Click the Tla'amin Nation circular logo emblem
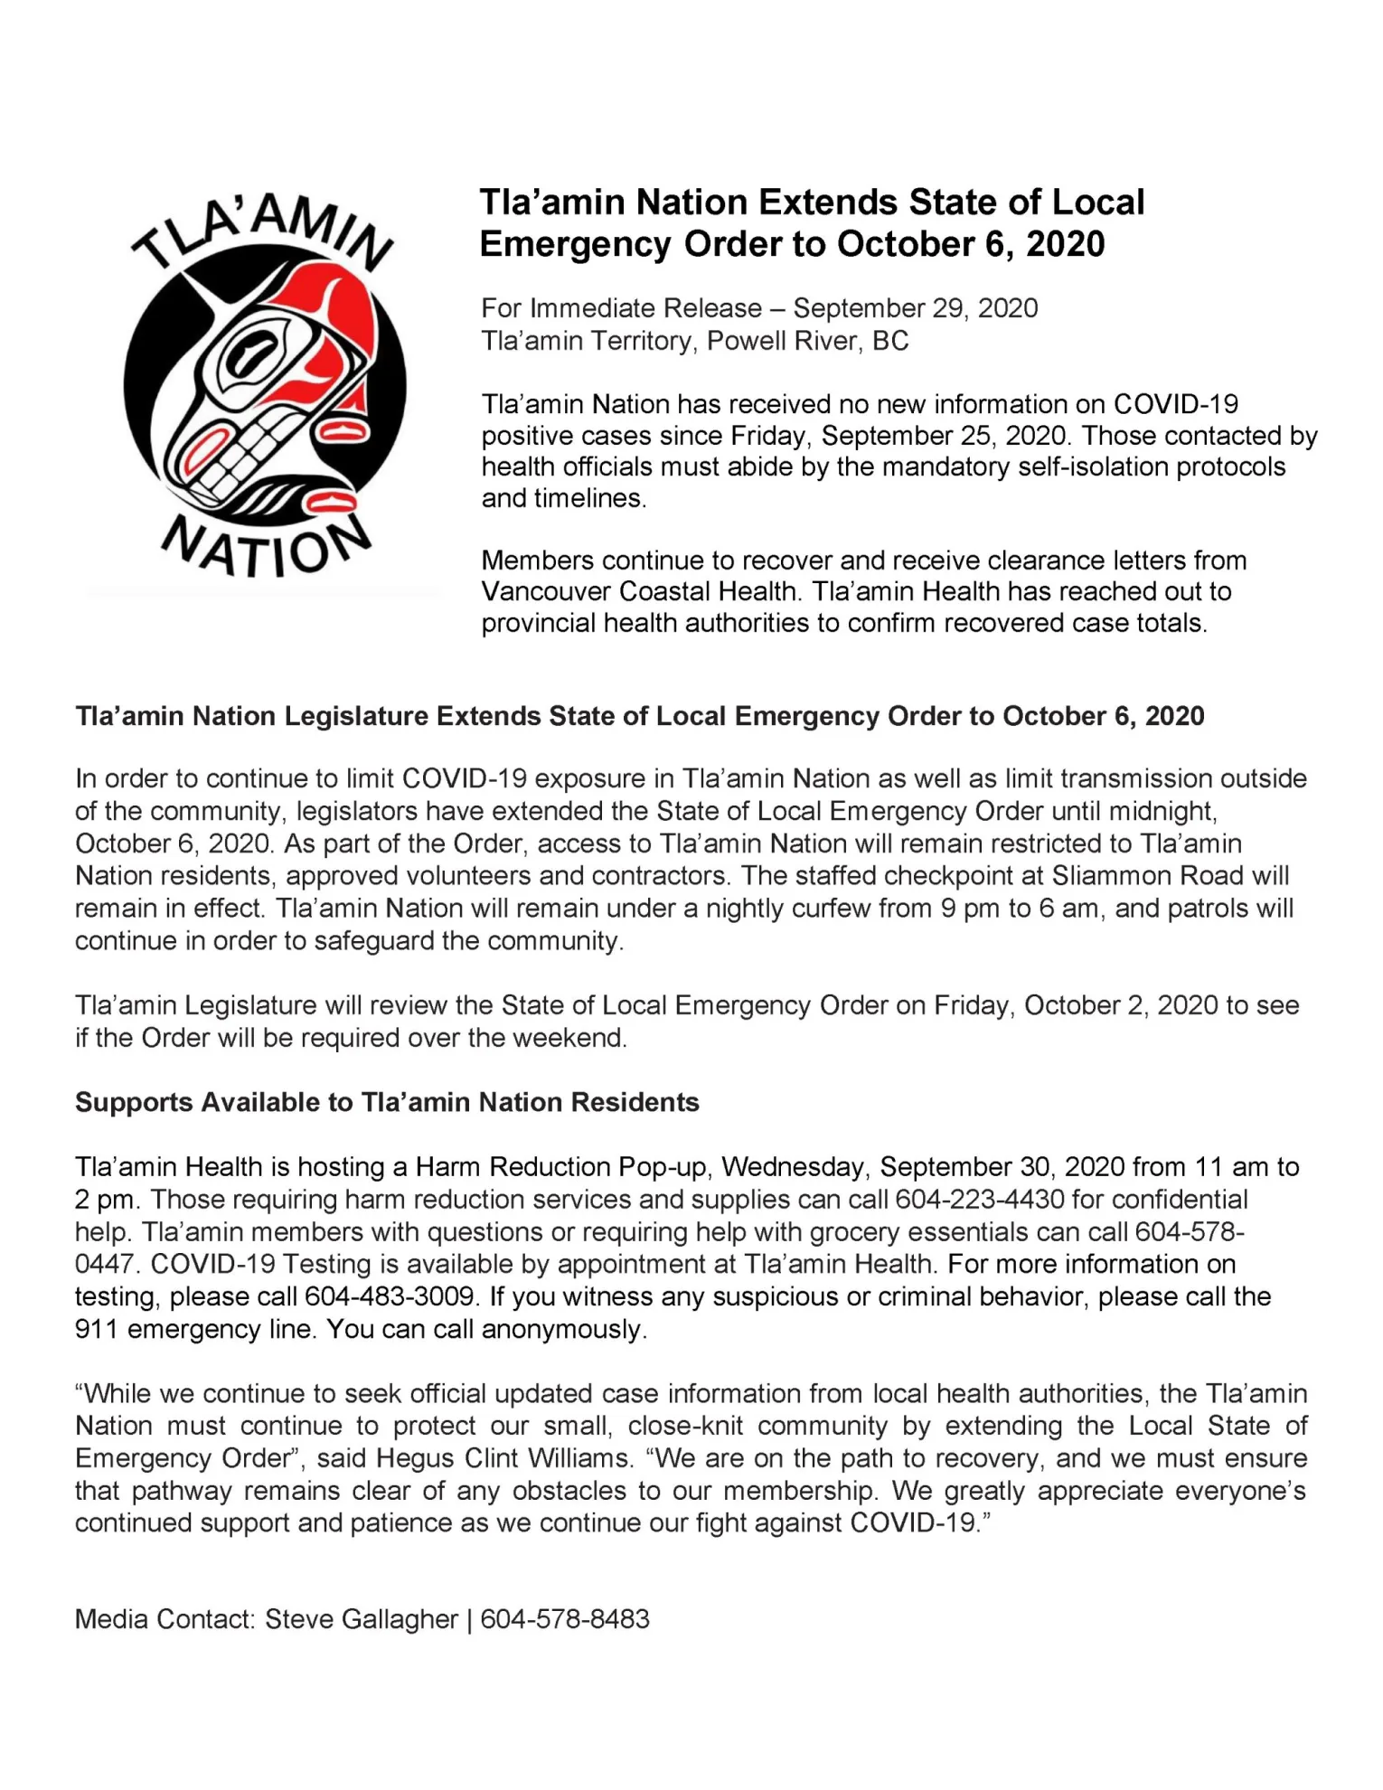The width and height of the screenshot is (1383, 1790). (x=265, y=389)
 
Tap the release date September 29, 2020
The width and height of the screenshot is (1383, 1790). (x=915, y=308)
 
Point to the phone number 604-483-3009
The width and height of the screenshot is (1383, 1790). (x=390, y=1296)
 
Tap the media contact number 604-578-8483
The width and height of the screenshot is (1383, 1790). (x=565, y=1619)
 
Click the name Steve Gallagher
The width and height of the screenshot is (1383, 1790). (x=361, y=1619)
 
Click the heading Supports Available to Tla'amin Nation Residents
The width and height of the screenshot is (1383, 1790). (x=387, y=1103)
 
